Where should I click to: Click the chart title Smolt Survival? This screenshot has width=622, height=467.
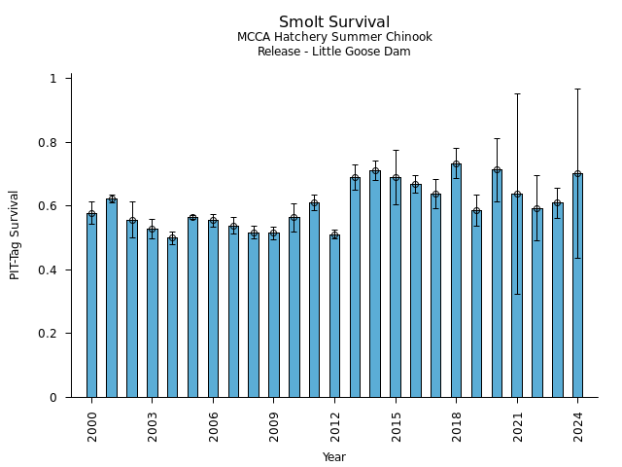(x=334, y=22)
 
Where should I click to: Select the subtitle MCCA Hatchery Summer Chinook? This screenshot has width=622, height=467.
(x=334, y=38)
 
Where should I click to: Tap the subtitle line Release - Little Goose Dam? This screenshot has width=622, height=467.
(x=334, y=52)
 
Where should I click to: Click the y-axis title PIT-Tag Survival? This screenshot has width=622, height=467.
(x=16, y=234)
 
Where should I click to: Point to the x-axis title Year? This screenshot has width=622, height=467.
(x=334, y=457)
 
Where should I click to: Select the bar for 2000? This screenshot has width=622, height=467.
(x=91, y=305)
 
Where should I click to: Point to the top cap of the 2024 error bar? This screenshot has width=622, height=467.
(x=577, y=89)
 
